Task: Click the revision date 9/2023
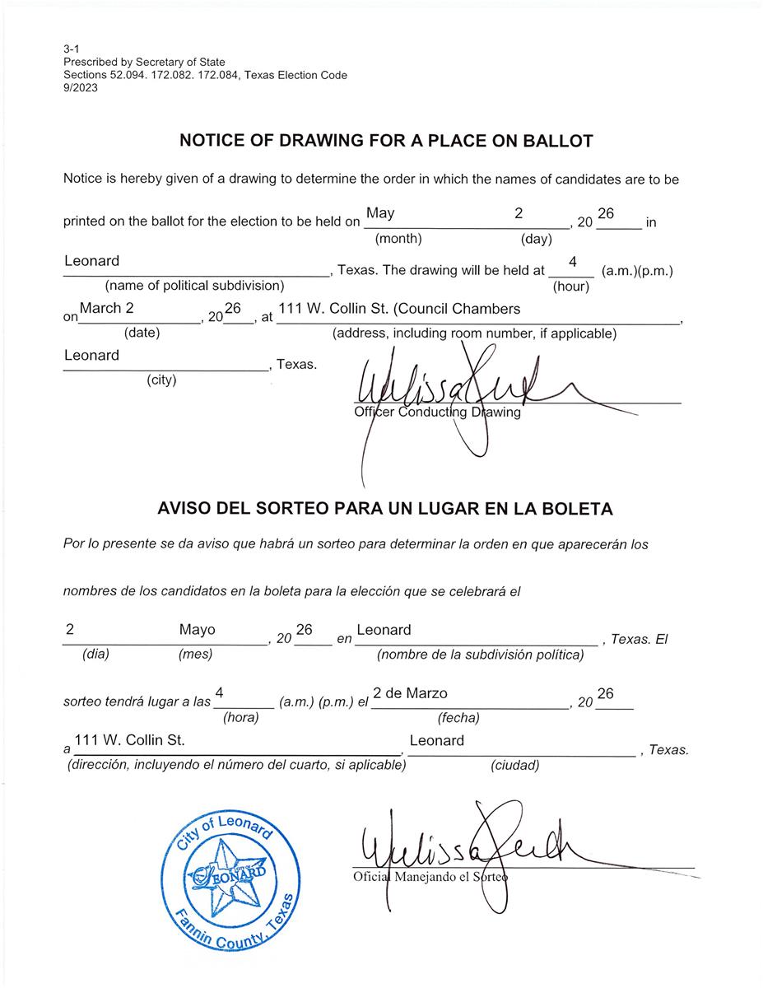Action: [80, 89]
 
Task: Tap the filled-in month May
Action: [380, 213]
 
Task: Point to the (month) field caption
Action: [398, 240]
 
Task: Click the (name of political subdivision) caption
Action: [194, 286]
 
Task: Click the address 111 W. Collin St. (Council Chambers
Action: [400, 309]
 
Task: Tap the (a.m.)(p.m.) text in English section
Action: [637, 270]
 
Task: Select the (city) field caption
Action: [161, 380]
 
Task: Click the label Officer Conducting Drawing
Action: [437, 412]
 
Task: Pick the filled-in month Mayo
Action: [197, 630]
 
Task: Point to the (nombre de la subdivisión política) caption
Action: [481, 655]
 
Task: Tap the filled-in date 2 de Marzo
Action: [410, 693]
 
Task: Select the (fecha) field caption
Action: [458, 718]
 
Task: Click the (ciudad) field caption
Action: [515, 766]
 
